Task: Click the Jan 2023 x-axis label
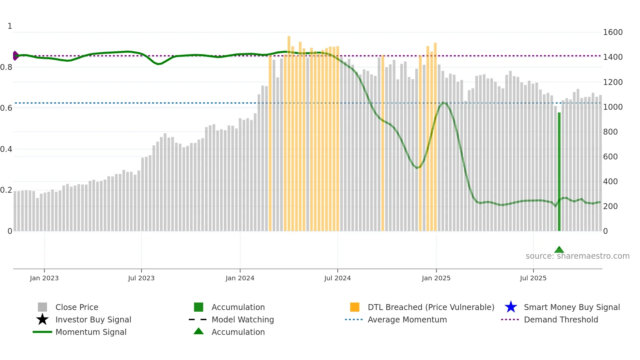(x=44, y=278)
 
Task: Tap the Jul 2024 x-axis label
(x=337, y=278)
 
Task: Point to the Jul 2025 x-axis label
(x=533, y=278)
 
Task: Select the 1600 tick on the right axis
(x=613, y=32)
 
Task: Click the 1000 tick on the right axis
(x=613, y=107)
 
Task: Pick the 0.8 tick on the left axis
(x=7, y=67)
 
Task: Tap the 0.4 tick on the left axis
(x=7, y=149)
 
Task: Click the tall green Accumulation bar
(x=559, y=172)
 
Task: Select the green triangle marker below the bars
(x=559, y=250)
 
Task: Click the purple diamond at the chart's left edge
(x=15, y=56)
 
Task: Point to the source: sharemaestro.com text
(x=577, y=256)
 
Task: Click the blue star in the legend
(x=511, y=307)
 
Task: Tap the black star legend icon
(x=42, y=319)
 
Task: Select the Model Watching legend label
(x=243, y=319)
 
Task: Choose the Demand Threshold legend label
(x=561, y=319)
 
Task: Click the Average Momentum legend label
(x=407, y=319)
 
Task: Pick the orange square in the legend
(x=355, y=307)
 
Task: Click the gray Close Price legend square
(x=42, y=307)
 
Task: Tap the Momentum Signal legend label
(x=91, y=332)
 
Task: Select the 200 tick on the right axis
(x=610, y=206)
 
